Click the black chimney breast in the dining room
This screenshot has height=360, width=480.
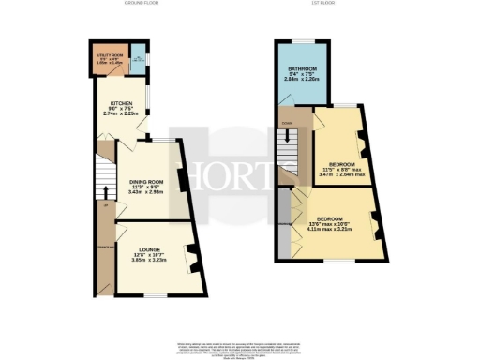[x=184, y=191]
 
